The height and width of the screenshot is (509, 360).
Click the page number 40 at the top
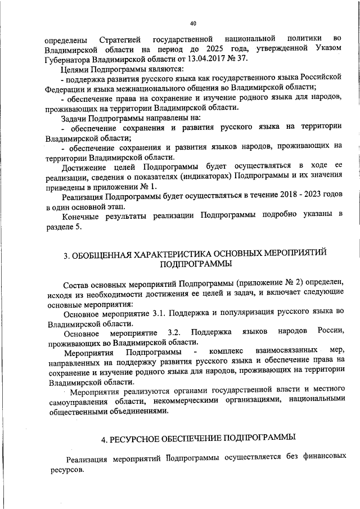(192, 24)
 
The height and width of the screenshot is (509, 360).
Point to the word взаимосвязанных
(273, 352)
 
